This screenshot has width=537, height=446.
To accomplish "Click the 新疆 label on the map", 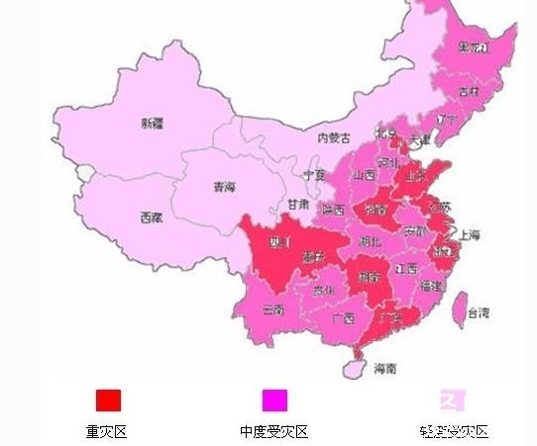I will [152, 124].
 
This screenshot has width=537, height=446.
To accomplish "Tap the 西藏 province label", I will [152, 217].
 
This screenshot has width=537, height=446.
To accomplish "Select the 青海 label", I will [225, 185].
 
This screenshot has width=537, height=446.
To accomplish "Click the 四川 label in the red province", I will [278, 241].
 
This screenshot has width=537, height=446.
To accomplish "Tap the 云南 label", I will [274, 310].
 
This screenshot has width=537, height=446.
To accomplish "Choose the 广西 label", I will [344, 318].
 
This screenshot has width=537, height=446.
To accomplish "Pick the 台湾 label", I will [479, 313].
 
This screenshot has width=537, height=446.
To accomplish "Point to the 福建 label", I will [431, 286].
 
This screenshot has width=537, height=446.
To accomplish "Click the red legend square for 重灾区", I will [108, 400].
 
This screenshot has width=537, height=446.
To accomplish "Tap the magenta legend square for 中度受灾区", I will [274, 400].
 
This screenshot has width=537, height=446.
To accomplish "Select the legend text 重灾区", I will [107, 432].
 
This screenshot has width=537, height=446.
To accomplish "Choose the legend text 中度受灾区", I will [274, 432].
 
